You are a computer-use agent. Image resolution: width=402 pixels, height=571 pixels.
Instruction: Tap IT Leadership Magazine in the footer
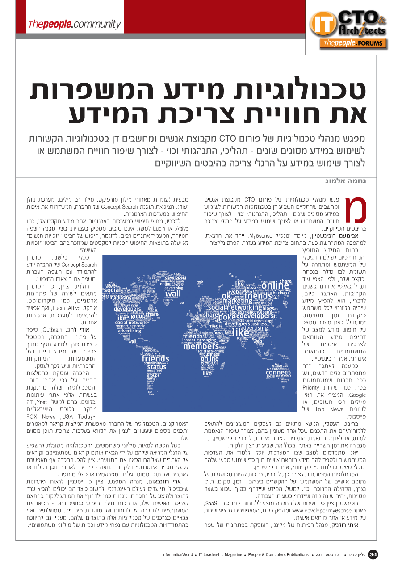[221, 555]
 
